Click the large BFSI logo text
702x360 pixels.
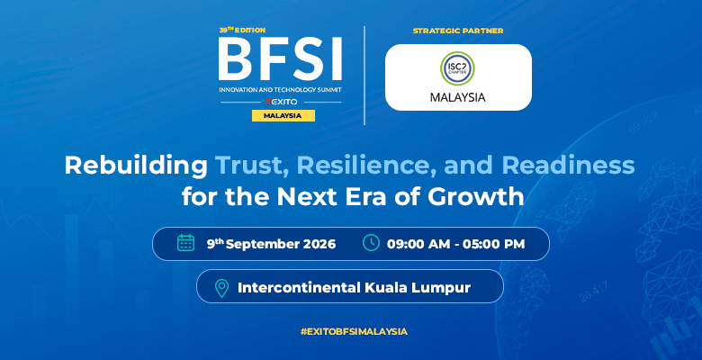tap(281, 58)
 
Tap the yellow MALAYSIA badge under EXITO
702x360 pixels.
tap(283, 115)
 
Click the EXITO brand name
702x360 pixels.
tap(281, 102)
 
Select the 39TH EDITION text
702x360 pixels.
tap(242, 30)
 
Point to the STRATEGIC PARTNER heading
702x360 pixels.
tap(458, 31)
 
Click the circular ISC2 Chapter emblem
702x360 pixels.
tap(457, 68)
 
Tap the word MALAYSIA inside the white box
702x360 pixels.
tap(457, 97)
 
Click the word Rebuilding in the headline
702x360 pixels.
tap(136, 166)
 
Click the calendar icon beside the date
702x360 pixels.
tap(185, 243)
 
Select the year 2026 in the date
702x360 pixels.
tap(319, 244)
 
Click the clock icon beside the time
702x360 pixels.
tap(371, 243)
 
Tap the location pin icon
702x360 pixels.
tap(221, 288)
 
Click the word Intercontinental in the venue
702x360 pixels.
tap(299, 287)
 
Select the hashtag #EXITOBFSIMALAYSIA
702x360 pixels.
tap(354, 332)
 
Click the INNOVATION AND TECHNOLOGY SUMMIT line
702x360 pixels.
tap(280, 90)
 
